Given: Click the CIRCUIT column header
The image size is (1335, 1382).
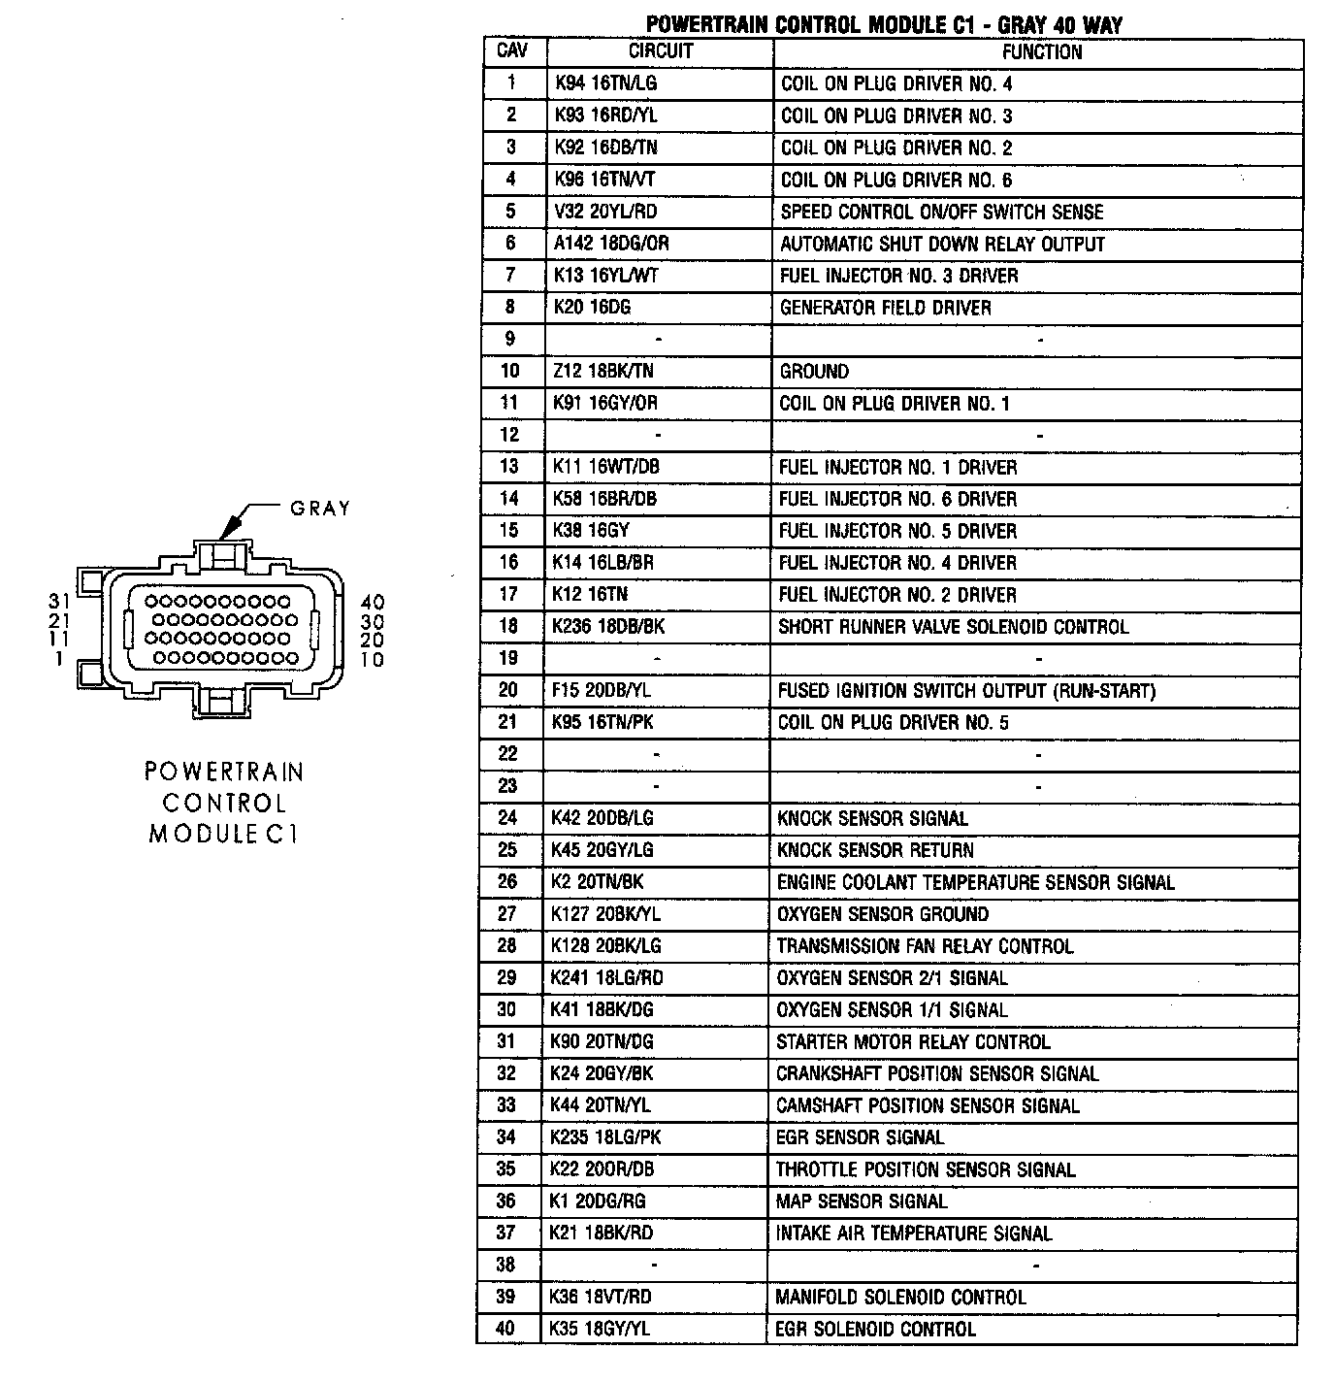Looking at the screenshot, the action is [660, 51].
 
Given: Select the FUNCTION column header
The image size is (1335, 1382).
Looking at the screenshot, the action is [1041, 51].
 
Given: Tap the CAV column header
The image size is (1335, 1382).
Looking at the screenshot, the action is [511, 51].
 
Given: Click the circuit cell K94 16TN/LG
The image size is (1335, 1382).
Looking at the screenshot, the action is [605, 83].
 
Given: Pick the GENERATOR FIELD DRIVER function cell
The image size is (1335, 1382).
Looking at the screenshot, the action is [885, 308].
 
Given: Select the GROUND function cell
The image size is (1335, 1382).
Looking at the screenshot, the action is [814, 372].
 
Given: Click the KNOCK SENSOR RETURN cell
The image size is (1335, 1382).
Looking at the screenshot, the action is [874, 850].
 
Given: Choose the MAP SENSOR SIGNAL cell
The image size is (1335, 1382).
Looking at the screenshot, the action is [861, 1201].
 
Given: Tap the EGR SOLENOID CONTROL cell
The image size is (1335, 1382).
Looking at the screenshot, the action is [875, 1329].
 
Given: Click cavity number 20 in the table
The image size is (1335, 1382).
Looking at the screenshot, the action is [508, 690].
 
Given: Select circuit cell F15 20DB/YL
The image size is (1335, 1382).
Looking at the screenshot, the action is [602, 690].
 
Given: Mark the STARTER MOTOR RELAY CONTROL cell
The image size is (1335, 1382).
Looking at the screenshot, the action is [912, 1042].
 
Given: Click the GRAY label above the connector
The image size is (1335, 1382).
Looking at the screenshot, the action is [320, 509].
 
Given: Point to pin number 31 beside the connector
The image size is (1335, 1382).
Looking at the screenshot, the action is [60, 602].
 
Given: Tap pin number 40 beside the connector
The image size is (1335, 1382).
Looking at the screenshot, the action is [372, 603].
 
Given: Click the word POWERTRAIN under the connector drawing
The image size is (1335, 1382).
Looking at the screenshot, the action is [224, 773].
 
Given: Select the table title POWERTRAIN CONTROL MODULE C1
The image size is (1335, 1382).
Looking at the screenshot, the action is [810, 24].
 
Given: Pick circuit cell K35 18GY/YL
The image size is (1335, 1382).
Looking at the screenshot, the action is [599, 1329].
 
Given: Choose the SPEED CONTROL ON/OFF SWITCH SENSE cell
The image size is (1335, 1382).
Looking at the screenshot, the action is [941, 212].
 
